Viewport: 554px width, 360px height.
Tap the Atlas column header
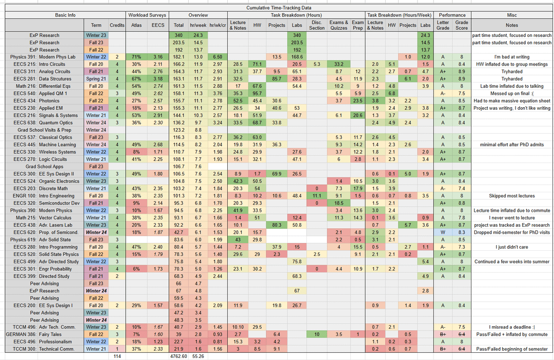(x=135, y=25)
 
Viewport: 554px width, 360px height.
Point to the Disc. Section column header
(x=318, y=25)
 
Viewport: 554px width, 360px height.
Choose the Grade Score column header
(x=462, y=25)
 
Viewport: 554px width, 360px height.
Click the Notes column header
(x=511, y=25)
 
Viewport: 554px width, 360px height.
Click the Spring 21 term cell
(x=96, y=78)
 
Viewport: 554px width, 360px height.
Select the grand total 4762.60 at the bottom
(x=179, y=356)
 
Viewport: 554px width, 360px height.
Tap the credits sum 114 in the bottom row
(x=117, y=356)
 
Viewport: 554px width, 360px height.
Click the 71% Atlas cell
(x=136, y=56)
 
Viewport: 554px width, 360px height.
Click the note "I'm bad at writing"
(x=511, y=56)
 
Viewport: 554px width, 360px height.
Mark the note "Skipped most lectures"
(x=511, y=196)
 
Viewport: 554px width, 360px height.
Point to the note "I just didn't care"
(x=511, y=247)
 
